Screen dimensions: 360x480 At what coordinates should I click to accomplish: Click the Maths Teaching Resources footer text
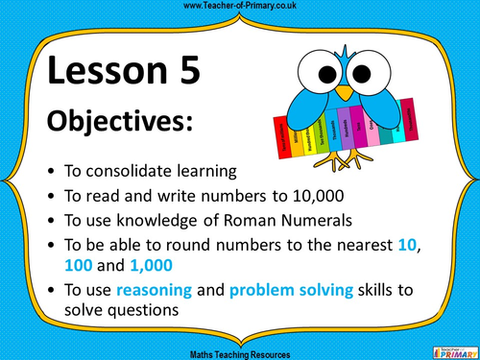(x=240, y=353)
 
